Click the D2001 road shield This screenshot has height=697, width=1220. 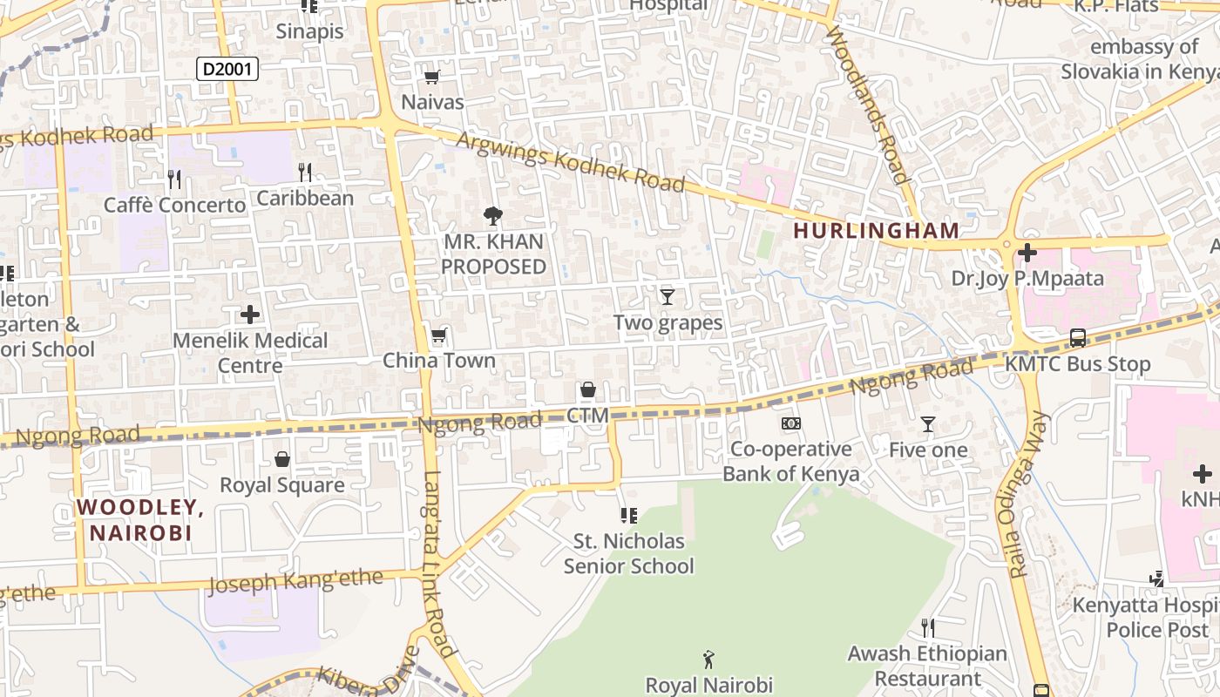227,69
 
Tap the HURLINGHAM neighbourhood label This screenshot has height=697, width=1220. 877,231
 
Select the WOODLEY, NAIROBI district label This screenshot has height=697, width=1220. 141,520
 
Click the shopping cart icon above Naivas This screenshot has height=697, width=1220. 431,77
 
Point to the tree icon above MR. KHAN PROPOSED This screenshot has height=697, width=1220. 493,216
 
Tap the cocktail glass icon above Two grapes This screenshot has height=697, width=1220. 668,297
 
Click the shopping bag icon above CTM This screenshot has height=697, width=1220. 588,389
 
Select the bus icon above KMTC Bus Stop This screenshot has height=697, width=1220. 1078,338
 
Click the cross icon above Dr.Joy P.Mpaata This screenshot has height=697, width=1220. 1027,254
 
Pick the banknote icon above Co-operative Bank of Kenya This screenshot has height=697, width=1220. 790,423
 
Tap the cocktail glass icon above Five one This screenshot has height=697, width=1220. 928,424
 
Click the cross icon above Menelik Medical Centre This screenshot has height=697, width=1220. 250,315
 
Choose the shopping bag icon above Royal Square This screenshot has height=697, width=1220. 282,459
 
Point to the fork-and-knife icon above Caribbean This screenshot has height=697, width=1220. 305,172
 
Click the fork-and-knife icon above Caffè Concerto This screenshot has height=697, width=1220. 174,179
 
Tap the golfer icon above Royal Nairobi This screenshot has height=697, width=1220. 708,660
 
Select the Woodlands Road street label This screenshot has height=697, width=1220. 868,105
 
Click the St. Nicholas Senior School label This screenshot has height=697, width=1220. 628,553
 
